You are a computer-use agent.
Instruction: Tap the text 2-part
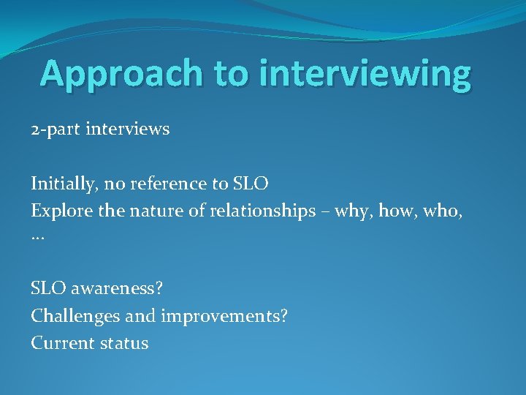[56, 130]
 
